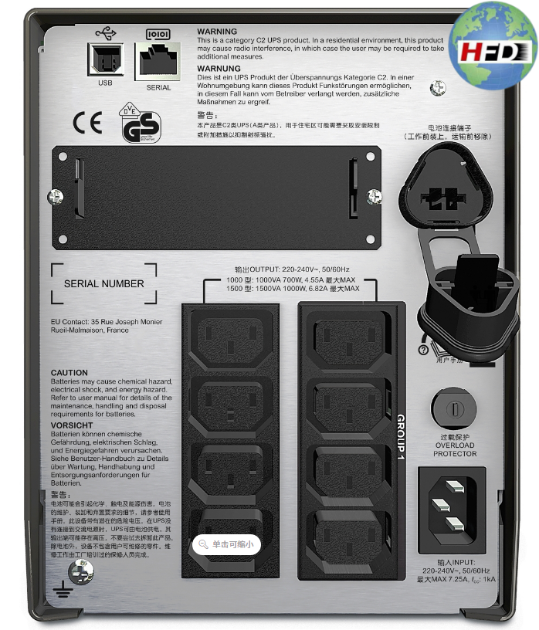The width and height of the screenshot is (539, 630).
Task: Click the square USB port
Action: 104,59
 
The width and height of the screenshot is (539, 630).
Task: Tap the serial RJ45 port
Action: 158,59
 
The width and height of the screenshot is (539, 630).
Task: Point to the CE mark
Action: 86,123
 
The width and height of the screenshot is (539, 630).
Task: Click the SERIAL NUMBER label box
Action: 103,283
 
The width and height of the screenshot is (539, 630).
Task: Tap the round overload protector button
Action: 455,406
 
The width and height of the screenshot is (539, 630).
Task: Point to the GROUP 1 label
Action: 401,438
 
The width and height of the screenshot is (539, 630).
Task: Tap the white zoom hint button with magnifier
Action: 226,544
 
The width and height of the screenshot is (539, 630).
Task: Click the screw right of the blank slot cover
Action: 374,196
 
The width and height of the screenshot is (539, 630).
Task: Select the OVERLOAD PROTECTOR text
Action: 455,449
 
